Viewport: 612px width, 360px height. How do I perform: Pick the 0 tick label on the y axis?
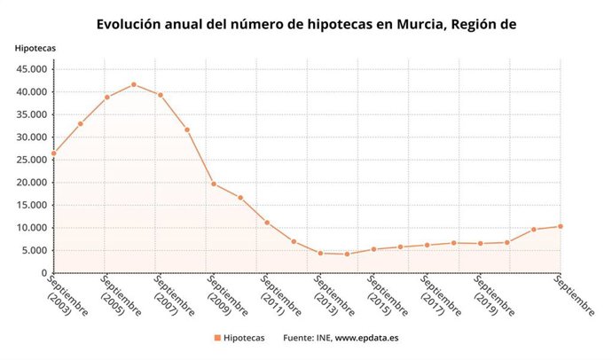click(x=44, y=273)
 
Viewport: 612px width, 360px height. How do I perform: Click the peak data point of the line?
click(x=133, y=84)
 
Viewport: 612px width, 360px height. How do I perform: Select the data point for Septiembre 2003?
click(x=53, y=153)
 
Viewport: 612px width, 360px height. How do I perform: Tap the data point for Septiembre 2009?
click(x=214, y=184)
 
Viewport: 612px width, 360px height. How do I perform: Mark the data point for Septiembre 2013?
click(x=320, y=253)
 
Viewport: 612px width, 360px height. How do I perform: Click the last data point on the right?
click(x=561, y=226)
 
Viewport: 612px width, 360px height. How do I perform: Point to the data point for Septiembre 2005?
click(x=106, y=97)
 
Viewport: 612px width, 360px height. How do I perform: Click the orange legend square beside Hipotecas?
click(x=216, y=338)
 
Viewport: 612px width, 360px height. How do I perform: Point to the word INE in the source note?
click(x=318, y=338)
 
